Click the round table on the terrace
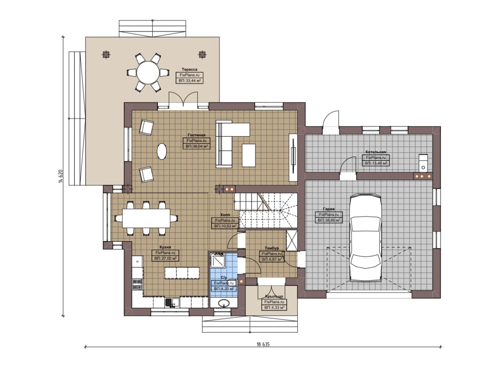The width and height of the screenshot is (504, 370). click(x=148, y=73)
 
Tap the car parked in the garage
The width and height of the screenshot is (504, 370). click(x=365, y=238)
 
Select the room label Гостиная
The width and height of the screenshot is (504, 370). click(x=196, y=135)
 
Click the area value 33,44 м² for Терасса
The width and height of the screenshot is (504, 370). click(x=190, y=81)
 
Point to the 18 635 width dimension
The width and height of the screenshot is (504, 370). click(x=263, y=344)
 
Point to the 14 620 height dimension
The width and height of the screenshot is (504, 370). click(x=61, y=176)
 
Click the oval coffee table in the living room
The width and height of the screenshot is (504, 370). click(x=162, y=151)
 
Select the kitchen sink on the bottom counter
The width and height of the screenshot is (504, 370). click(x=172, y=303)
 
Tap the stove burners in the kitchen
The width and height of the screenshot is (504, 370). click(x=137, y=284)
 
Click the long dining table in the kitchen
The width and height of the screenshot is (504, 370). click(x=146, y=218)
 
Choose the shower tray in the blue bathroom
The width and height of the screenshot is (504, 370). click(x=218, y=260)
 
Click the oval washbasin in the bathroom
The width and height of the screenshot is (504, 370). click(x=224, y=303)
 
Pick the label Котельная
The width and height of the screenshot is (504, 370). click(x=376, y=152)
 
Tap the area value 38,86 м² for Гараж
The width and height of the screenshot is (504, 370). click(x=329, y=220)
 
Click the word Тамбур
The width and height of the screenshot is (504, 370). click(x=272, y=248)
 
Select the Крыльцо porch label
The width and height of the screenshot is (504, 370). click(x=274, y=296)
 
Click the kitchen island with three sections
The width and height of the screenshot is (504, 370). click(x=182, y=273)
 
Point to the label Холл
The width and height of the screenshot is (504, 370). click(x=225, y=215)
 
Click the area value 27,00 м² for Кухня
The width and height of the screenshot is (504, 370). click(x=165, y=258)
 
